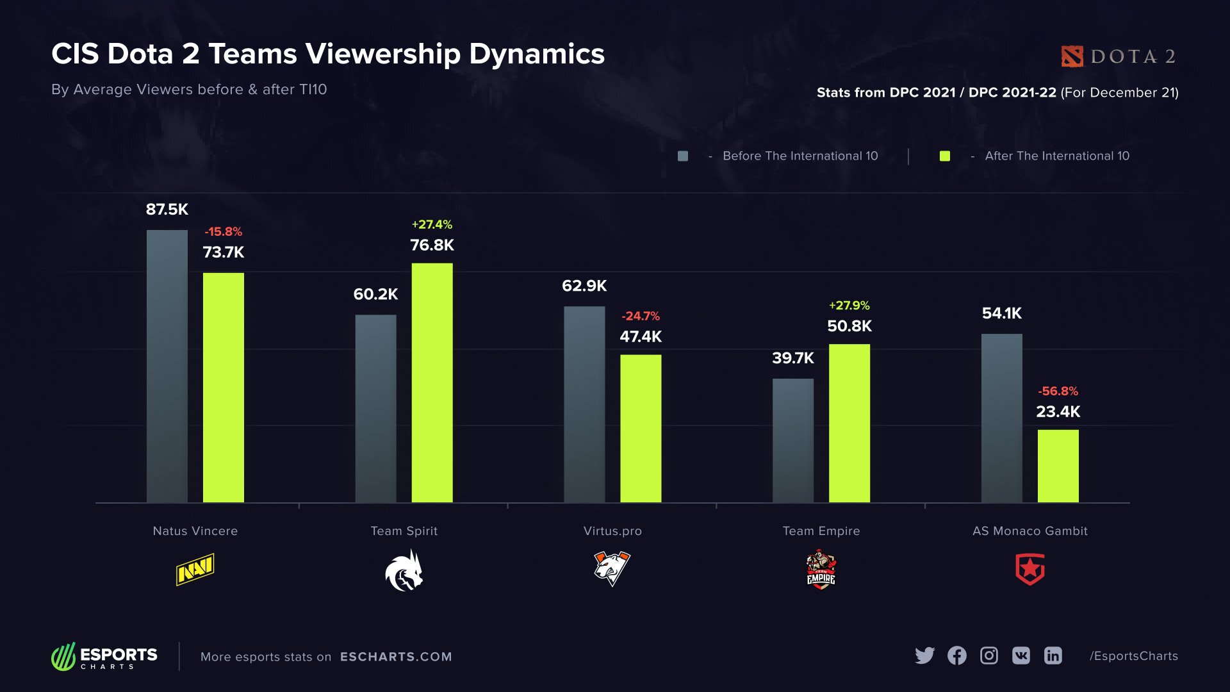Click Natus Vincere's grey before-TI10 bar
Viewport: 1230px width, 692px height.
[167, 366]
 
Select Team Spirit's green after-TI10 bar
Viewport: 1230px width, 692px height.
[432, 383]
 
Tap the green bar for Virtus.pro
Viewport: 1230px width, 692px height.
[641, 428]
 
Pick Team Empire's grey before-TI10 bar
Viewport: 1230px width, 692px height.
[792, 440]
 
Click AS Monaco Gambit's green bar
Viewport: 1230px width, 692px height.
[1058, 466]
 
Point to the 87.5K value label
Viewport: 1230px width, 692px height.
[167, 210]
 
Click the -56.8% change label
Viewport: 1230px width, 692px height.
[1058, 391]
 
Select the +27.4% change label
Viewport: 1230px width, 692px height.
[432, 224]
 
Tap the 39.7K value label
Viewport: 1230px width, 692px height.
[792, 358]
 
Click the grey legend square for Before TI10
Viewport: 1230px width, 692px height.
[683, 156]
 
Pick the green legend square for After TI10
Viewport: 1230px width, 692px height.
[944, 156]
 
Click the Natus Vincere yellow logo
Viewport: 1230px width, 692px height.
[195, 570]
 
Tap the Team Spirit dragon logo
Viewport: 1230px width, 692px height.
[404, 571]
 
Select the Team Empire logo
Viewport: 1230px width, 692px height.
[821, 570]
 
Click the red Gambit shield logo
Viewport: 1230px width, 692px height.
[1029, 570]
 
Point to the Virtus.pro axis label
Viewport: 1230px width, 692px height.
[612, 531]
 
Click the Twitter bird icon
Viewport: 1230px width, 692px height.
[924, 655]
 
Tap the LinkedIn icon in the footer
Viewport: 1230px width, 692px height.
[1053, 655]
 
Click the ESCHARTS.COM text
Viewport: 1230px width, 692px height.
[396, 657]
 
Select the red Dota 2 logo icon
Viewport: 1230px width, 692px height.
[1072, 56]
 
